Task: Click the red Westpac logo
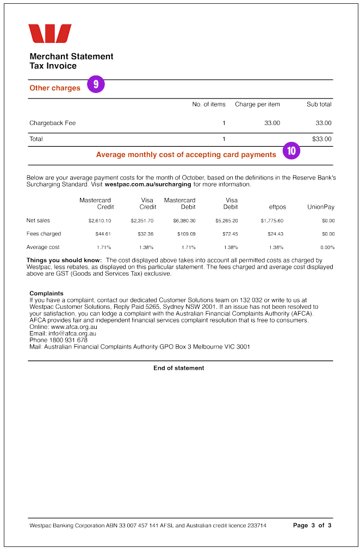(50, 33)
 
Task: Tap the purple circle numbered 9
(96, 84)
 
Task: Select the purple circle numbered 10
(291, 151)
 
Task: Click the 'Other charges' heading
(55, 88)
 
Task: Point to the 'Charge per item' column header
(257, 104)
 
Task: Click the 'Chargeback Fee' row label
(52, 123)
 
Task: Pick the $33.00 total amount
(321, 139)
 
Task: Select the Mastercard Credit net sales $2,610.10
(100, 221)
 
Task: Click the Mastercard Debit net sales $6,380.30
(184, 221)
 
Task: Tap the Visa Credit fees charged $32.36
(142, 234)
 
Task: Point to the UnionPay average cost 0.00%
(328, 247)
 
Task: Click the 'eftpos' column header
(277, 207)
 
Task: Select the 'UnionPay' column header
(321, 207)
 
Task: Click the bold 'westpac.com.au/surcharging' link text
(148, 184)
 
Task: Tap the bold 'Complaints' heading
(46, 294)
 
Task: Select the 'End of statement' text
(178, 368)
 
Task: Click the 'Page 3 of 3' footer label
(312, 526)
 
